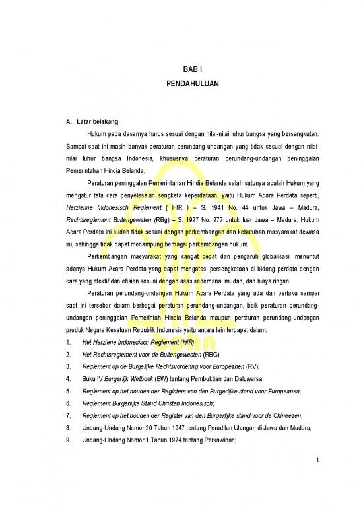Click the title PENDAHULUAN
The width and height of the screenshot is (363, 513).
pos(190,85)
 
